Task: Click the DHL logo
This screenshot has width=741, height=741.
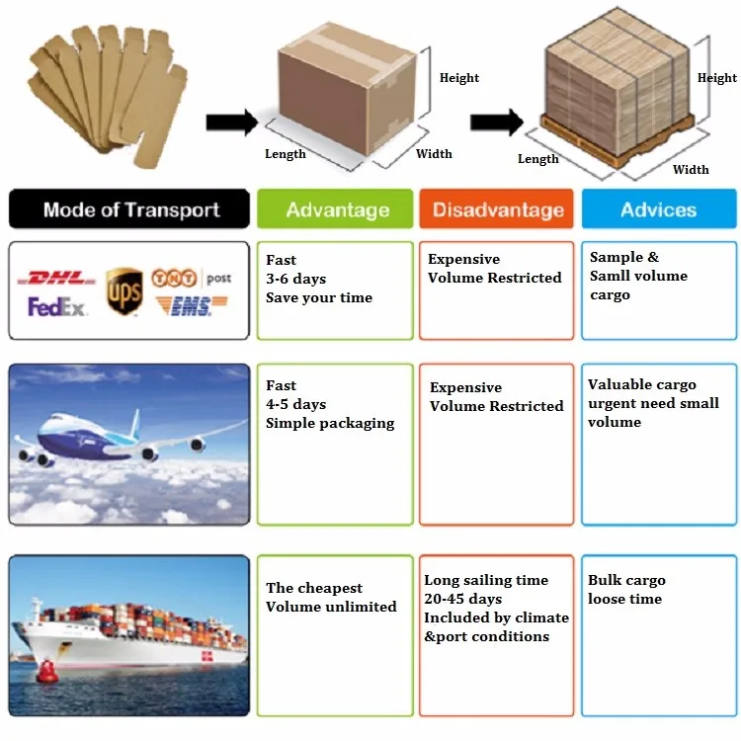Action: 62,279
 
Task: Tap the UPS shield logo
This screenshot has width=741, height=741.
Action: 124,290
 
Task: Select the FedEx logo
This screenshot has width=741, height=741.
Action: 58,307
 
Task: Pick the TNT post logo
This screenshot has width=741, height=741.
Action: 191,278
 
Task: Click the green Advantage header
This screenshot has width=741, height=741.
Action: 336,209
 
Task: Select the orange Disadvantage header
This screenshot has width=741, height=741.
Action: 498,209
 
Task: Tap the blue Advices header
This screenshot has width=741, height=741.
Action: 658,209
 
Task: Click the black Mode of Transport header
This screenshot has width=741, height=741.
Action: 129,209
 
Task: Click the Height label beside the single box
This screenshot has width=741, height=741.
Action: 459,78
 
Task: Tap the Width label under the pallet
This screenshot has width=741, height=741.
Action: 691,169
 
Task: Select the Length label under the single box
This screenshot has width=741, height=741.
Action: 286,154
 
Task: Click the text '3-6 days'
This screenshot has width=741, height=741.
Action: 295,279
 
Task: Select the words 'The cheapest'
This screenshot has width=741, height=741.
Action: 314,588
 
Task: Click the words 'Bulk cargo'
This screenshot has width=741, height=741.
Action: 626,580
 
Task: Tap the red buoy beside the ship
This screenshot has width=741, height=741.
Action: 46,671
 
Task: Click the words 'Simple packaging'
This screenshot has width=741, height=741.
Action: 330,423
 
